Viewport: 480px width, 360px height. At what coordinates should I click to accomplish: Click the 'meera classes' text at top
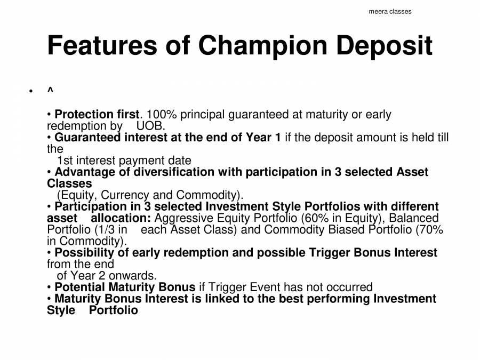pyautogui.click(x=390, y=11)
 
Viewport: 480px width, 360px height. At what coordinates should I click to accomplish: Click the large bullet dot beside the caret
pyautogui.click(x=31, y=92)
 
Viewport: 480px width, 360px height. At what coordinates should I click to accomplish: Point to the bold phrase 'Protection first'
pyautogui.click(x=97, y=115)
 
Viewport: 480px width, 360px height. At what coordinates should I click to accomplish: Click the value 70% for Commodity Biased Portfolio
pyautogui.click(x=430, y=230)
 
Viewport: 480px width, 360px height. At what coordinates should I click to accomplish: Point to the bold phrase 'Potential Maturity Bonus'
pyautogui.click(x=125, y=287)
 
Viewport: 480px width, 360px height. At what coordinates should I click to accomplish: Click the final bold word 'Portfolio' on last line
pyautogui.click(x=113, y=310)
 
